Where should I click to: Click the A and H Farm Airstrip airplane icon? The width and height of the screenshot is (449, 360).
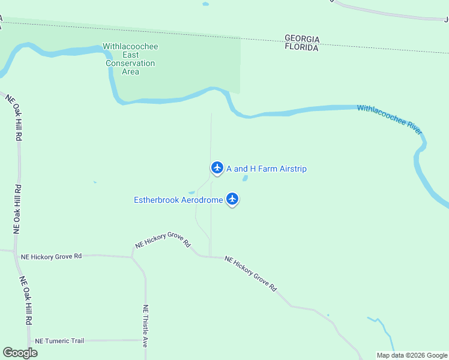point(217,167)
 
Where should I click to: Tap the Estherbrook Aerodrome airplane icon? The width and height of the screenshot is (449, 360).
point(232,199)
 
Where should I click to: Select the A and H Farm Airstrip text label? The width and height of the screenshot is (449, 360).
point(267,169)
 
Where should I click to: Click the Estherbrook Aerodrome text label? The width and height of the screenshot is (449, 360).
point(178,200)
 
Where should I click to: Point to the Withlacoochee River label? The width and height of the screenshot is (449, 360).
point(390,119)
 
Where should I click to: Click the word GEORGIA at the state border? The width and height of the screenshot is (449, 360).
point(302,38)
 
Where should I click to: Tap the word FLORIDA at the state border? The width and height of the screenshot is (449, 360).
point(301,47)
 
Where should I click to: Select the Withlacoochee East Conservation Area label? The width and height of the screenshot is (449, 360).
point(130,59)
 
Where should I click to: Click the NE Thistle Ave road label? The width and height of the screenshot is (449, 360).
point(145,326)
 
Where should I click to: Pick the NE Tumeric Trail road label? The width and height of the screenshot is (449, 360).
point(59,341)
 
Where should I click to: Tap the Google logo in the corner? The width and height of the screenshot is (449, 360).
point(20,353)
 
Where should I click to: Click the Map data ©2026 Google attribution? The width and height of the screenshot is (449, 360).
point(412,355)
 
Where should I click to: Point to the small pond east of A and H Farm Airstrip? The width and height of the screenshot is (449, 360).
point(245,178)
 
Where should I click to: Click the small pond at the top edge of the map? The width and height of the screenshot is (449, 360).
point(206,4)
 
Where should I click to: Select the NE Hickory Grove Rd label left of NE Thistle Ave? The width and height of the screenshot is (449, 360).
point(51,256)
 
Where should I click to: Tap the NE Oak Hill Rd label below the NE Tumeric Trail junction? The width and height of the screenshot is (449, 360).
point(26,300)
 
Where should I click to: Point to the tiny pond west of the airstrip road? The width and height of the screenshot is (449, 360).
point(94,182)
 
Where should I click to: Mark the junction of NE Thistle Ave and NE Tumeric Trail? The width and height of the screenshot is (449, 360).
point(145,340)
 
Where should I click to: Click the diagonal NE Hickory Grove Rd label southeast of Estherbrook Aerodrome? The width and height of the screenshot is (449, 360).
point(250,274)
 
